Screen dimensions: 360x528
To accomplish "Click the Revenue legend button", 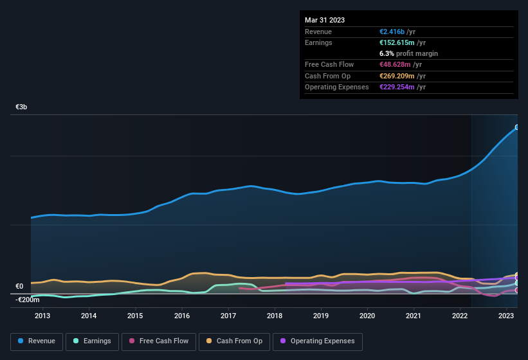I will tap(37, 341).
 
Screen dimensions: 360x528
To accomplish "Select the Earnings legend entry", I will tap(92, 341).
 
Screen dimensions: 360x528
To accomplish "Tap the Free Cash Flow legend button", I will tap(158, 341).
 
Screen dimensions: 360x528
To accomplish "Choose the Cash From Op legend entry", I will tap(235, 341).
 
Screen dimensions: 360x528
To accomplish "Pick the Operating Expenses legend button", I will tap(318, 341).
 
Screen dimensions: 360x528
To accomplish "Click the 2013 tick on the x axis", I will tap(42, 316).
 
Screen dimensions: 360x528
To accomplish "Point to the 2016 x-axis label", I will tap(182, 316).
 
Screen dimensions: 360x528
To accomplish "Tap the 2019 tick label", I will tap(321, 316).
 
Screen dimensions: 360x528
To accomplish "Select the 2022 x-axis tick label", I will tap(460, 316).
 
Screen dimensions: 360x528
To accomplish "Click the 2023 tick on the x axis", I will tap(506, 316).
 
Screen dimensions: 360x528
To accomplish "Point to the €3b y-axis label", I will tap(22, 108).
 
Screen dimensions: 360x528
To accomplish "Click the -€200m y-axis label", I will tap(28, 300).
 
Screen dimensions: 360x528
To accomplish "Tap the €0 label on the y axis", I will tap(19, 287).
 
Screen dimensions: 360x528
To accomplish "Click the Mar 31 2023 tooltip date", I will tap(325, 20).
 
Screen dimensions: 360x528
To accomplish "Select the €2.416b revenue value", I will tap(393, 32).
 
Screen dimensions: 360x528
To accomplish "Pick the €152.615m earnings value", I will tap(397, 42).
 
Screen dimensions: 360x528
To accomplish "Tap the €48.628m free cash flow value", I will tap(395, 64).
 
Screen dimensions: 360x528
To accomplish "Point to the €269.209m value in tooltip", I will tap(397, 76).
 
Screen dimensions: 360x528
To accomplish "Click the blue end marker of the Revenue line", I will tap(516, 127).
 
